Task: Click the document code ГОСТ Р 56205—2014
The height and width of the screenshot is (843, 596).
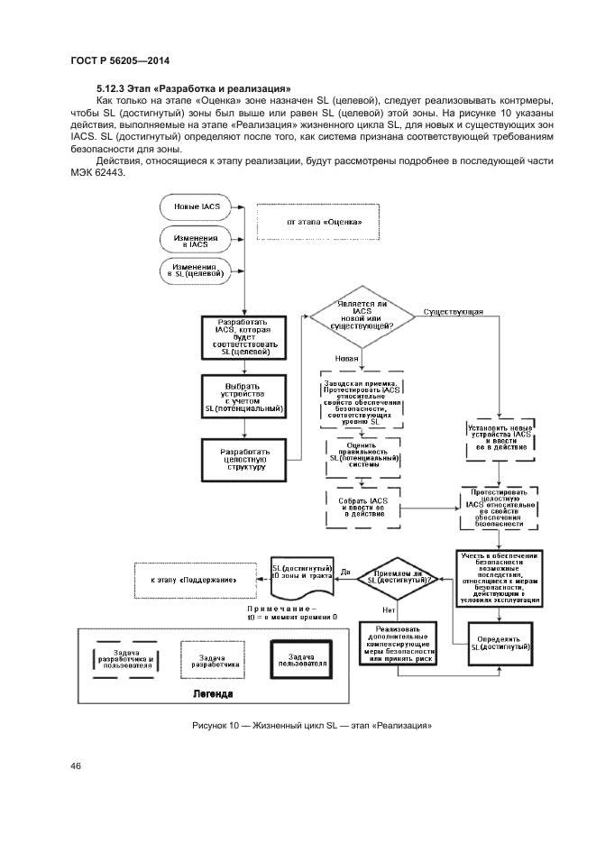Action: (120, 61)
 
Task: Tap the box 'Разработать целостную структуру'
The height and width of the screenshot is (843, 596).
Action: (243, 458)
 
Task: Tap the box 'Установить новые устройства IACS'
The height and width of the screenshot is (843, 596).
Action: (500, 439)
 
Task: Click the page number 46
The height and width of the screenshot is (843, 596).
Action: (77, 766)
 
